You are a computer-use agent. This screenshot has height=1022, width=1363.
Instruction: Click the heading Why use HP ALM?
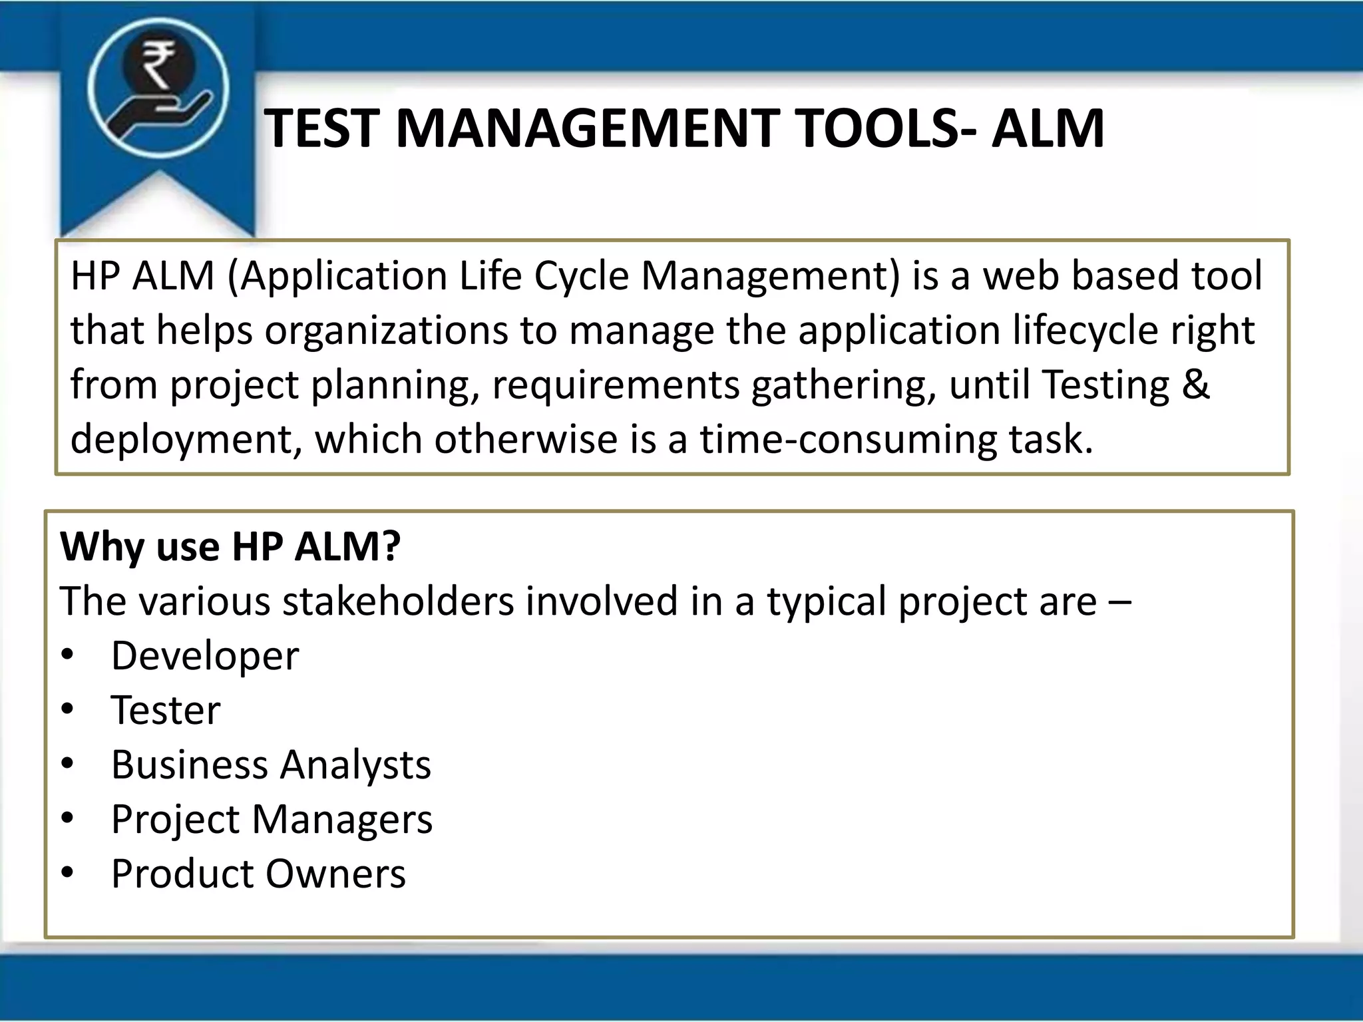point(230,547)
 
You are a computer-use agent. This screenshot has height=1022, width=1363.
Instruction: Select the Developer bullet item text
point(205,656)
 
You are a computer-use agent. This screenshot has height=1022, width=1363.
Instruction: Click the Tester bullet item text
point(165,710)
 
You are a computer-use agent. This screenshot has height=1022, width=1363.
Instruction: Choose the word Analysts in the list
point(355,765)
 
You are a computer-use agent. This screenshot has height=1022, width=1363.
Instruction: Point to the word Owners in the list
point(335,874)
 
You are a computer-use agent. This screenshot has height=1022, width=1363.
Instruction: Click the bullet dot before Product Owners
point(67,872)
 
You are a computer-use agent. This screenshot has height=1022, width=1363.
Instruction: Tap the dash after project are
point(1120,602)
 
